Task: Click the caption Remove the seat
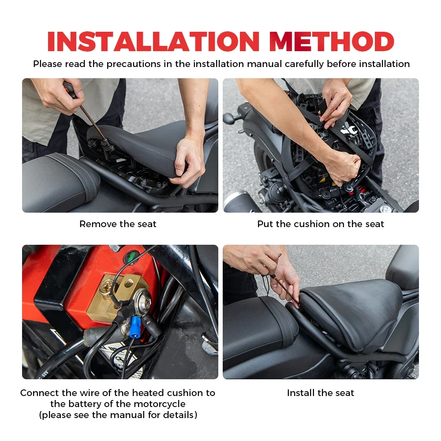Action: point(118,224)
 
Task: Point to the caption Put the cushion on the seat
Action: point(321,224)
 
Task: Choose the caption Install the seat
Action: point(321,393)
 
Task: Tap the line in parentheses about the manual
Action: point(118,415)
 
